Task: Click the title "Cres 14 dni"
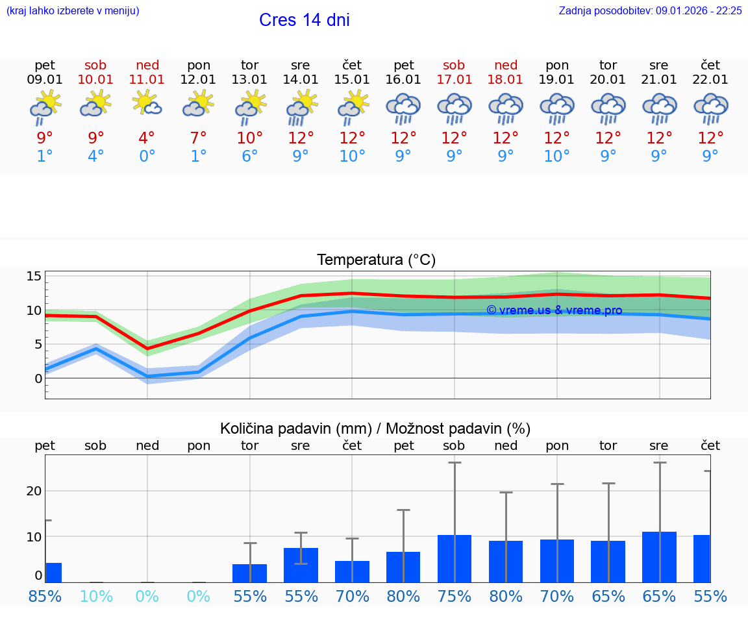[304, 20]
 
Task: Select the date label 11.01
[147, 80]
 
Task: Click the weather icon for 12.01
[199, 106]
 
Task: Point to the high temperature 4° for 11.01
[147, 138]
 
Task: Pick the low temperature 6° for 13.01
[250, 156]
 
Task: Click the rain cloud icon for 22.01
[710, 108]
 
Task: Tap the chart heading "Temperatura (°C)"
[376, 260]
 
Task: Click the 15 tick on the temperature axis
[34, 277]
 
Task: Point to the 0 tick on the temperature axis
[38, 378]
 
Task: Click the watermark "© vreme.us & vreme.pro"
[555, 310]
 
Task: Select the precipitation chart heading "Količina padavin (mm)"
[295, 428]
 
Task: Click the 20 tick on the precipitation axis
[34, 491]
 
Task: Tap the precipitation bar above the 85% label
[53, 573]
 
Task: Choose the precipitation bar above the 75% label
[454, 559]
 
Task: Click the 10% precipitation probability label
[96, 596]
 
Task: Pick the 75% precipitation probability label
[454, 596]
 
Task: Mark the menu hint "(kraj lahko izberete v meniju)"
[73, 10]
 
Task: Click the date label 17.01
[454, 80]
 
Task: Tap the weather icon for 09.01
[45, 108]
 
